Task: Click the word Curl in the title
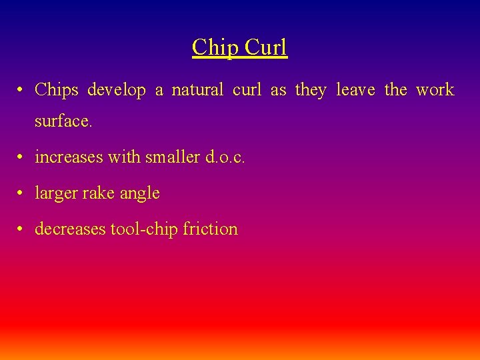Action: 265,47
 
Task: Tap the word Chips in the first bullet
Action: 57,90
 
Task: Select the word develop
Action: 117,90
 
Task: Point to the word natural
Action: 197,90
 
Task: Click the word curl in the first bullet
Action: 247,90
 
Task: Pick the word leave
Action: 355,90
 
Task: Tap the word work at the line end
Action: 435,90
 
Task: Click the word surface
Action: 63,122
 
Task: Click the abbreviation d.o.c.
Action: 225,157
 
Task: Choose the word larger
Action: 57,193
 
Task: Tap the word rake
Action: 100,193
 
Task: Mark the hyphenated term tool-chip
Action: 143,229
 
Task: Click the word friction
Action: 210,229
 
